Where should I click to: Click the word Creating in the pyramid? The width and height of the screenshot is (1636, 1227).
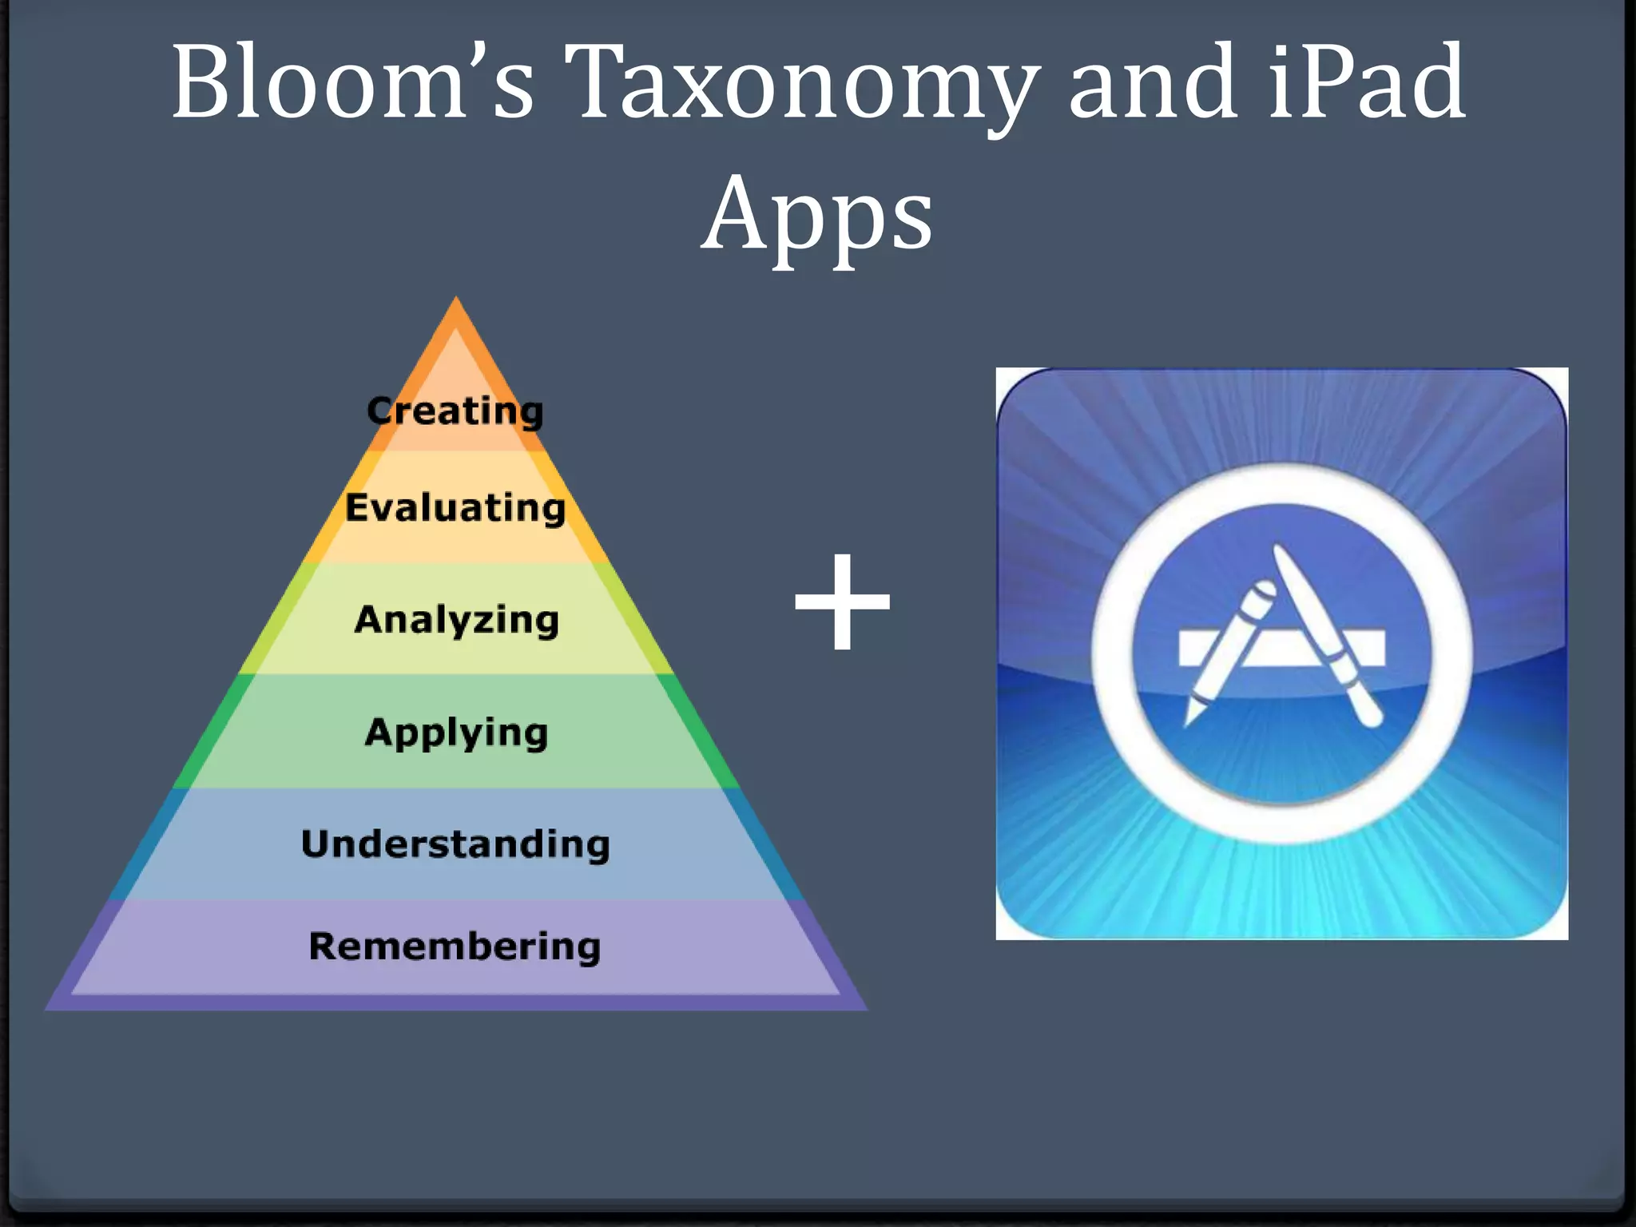(x=455, y=411)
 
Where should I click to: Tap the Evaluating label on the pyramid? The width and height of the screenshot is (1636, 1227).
(x=455, y=508)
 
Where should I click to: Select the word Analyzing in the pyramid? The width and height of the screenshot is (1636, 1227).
(x=456, y=620)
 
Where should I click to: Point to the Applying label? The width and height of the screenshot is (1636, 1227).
(x=456, y=733)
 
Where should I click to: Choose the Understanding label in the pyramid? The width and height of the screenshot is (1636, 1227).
(x=455, y=844)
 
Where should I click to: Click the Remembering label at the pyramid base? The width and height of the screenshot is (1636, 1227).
(x=455, y=947)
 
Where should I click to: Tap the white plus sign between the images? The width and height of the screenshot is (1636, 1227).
(x=842, y=602)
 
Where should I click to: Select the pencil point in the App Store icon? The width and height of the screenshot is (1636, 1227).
(x=1189, y=720)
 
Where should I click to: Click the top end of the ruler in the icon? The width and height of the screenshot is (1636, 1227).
(x=1281, y=551)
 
